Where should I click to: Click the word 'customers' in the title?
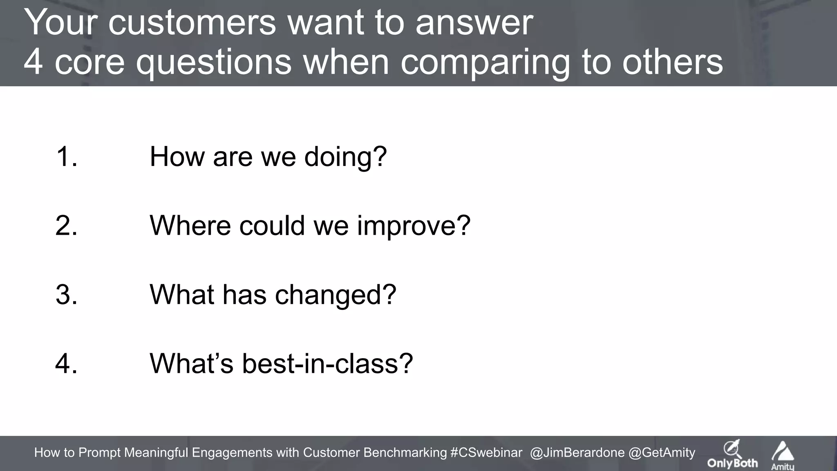(x=192, y=23)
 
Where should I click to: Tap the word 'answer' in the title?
(x=474, y=24)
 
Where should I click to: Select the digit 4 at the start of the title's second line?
(x=34, y=62)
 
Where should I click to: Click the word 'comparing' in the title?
(x=486, y=63)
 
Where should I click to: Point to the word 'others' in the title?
(x=673, y=62)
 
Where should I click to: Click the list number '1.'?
(x=66, y=157)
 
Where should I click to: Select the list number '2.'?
(x=66, y=225)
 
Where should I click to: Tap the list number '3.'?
(x=66, y=294)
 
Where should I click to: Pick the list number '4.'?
(x=66, y=363)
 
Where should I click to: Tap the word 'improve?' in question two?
(x=414, y=226)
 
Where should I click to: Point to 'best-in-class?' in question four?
(x=327, y=363)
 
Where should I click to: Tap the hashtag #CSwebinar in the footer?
(x=486, y=453)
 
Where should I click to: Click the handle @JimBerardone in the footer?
(x=577, y=453)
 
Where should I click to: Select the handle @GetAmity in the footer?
(x=662, y=453)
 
